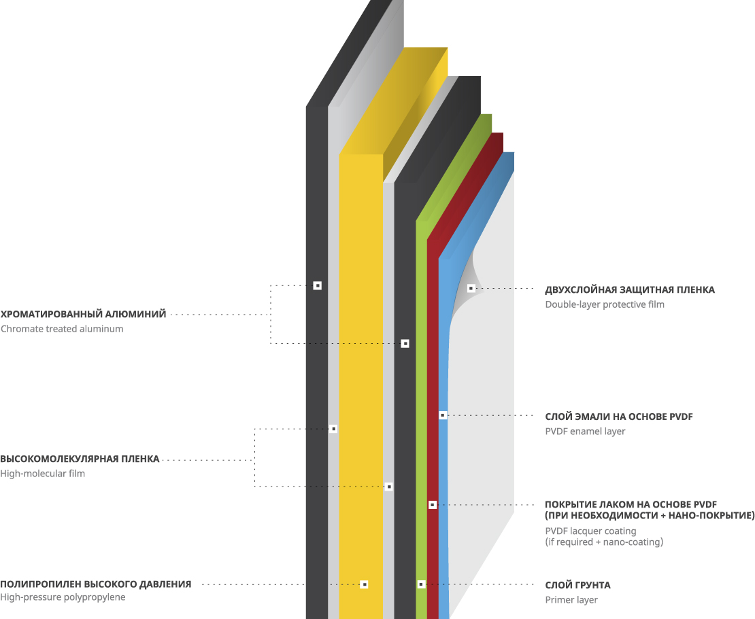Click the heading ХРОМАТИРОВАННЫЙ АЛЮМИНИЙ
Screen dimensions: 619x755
click(83, 315)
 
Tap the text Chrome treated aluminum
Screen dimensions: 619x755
click(62, 329)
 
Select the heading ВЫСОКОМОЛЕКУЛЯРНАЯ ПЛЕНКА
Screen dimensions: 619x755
click(80, 459)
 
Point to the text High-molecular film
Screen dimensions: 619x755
click(43, 474)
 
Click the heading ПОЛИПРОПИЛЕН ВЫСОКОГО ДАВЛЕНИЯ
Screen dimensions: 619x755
click(95, 584)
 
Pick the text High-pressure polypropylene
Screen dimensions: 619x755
click(63, 597)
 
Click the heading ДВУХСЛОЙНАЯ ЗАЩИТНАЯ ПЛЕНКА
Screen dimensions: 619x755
click(630, 290)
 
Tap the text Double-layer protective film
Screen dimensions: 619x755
click(604, 304)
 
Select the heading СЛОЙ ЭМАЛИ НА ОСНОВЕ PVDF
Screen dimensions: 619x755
click(619, 417)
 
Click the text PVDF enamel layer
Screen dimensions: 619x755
click(585, 431)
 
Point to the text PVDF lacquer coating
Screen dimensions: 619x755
click(590, 531)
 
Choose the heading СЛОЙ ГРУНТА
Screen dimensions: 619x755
click(577, 585)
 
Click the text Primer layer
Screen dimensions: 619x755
click(571, 600)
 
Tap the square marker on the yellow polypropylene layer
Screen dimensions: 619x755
click(364, 584)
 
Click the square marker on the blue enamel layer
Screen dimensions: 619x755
click(442, 414)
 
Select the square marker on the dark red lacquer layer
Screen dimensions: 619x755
click(432, 505)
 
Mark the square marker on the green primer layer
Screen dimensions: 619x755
click(421, 584)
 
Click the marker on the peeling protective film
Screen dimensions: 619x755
click(471, 288)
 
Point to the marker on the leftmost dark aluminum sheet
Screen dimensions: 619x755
click(317, 285)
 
